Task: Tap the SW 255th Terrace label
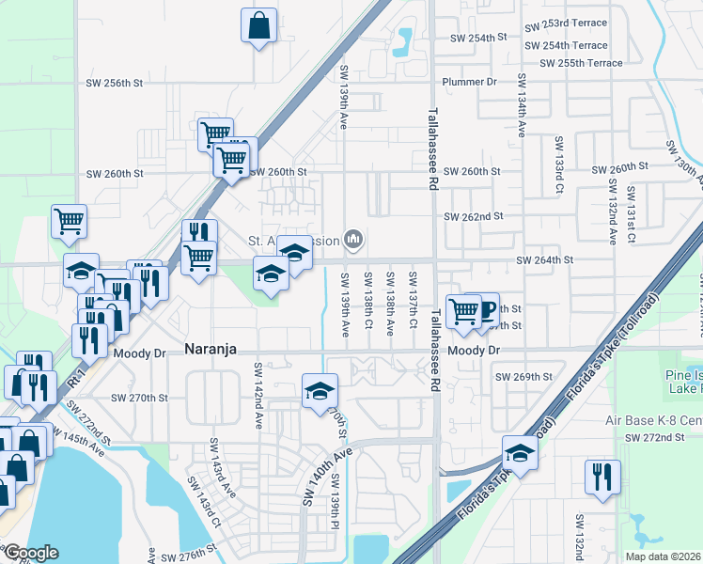coord(581,63)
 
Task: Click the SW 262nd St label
coord(474,216)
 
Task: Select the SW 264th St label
coord(544,259)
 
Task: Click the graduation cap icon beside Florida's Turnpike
coord(520,454)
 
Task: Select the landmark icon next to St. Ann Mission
coord(353,240)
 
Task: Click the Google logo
coord(30,553)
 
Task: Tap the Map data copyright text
coord(663,556)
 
